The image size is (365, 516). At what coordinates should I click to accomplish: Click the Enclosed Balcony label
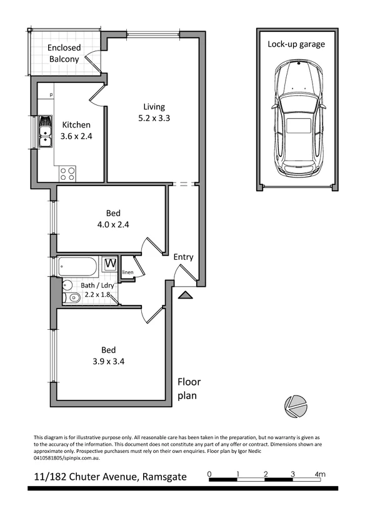[x=64, y=54]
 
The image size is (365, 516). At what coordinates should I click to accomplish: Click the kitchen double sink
[x=45, y=132]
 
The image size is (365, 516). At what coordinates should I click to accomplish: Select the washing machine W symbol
[x=110, y=264]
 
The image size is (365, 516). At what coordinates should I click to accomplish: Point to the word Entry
[x=183, y=257]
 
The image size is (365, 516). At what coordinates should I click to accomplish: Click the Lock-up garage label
[x=296, y=44]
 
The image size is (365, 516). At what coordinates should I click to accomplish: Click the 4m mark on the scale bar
[x=319, y=475]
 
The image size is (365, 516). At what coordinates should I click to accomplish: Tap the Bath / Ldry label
[x=97, y=285]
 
